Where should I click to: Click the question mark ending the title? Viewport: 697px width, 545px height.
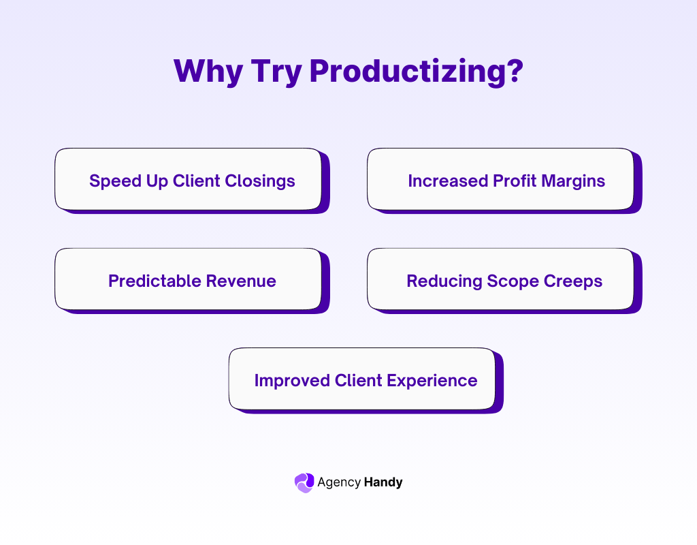pyautogui.click(x=514, y=71)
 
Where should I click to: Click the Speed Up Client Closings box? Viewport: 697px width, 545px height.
pyautogui.click(x=188, y=179)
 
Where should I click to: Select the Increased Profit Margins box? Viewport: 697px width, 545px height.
pyautogui.click(x=500, y=179)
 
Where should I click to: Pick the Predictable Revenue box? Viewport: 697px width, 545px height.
pyautogui.click(x=188, y=279)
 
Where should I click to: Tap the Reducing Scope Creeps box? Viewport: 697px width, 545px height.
pyautogui.click(x=500, y=279)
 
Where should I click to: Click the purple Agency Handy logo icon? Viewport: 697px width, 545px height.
pyautogui.click(x=304, y=482)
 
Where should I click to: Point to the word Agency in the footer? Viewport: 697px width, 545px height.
pyautogui.click(x=338, y=483)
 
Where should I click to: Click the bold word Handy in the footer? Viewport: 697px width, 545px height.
pyautogui.click(x=383, y=482)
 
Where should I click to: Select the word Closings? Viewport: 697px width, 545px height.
pyautogui.click(x=261, y=181)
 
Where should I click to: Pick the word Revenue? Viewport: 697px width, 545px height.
pyautogui.click(x=241, y=281)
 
